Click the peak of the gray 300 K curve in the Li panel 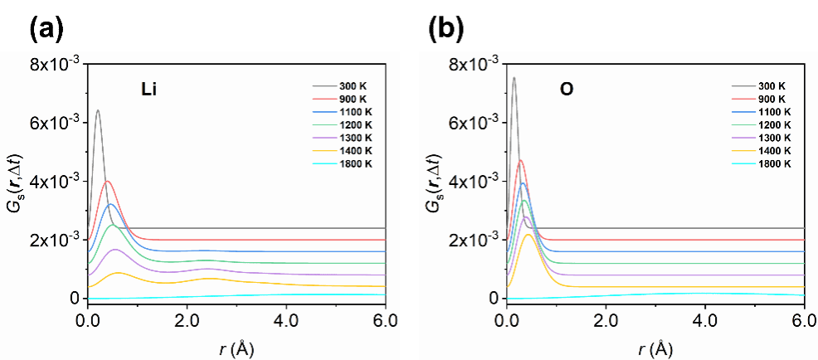98,110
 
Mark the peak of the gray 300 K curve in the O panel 514,78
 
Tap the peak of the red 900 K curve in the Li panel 107,181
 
